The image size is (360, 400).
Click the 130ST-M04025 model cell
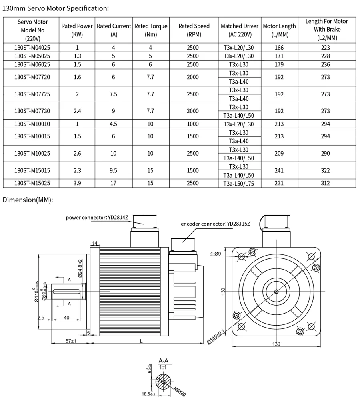pyautogui.click(x=32, y=48)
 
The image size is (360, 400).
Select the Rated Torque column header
pyautogui.click(x=151, y=30)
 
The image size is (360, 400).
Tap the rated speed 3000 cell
pyautogui.click(x=193, y=111)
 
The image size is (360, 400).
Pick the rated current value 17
pyautogui.click(x=113, y=183)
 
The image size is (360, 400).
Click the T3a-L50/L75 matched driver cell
pyautogui.click(x=239, y=184)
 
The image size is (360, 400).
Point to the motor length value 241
pyautogui.click(x=279, y=170)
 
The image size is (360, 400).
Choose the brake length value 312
pyautogui.click(x=325, y=183)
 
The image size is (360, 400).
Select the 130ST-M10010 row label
pyautogui.click(x=32, y=124)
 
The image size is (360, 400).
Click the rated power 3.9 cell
pyautogui.click(x=77, y=183)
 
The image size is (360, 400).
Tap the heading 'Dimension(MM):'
pyautogui.click(x=28, y=200)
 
